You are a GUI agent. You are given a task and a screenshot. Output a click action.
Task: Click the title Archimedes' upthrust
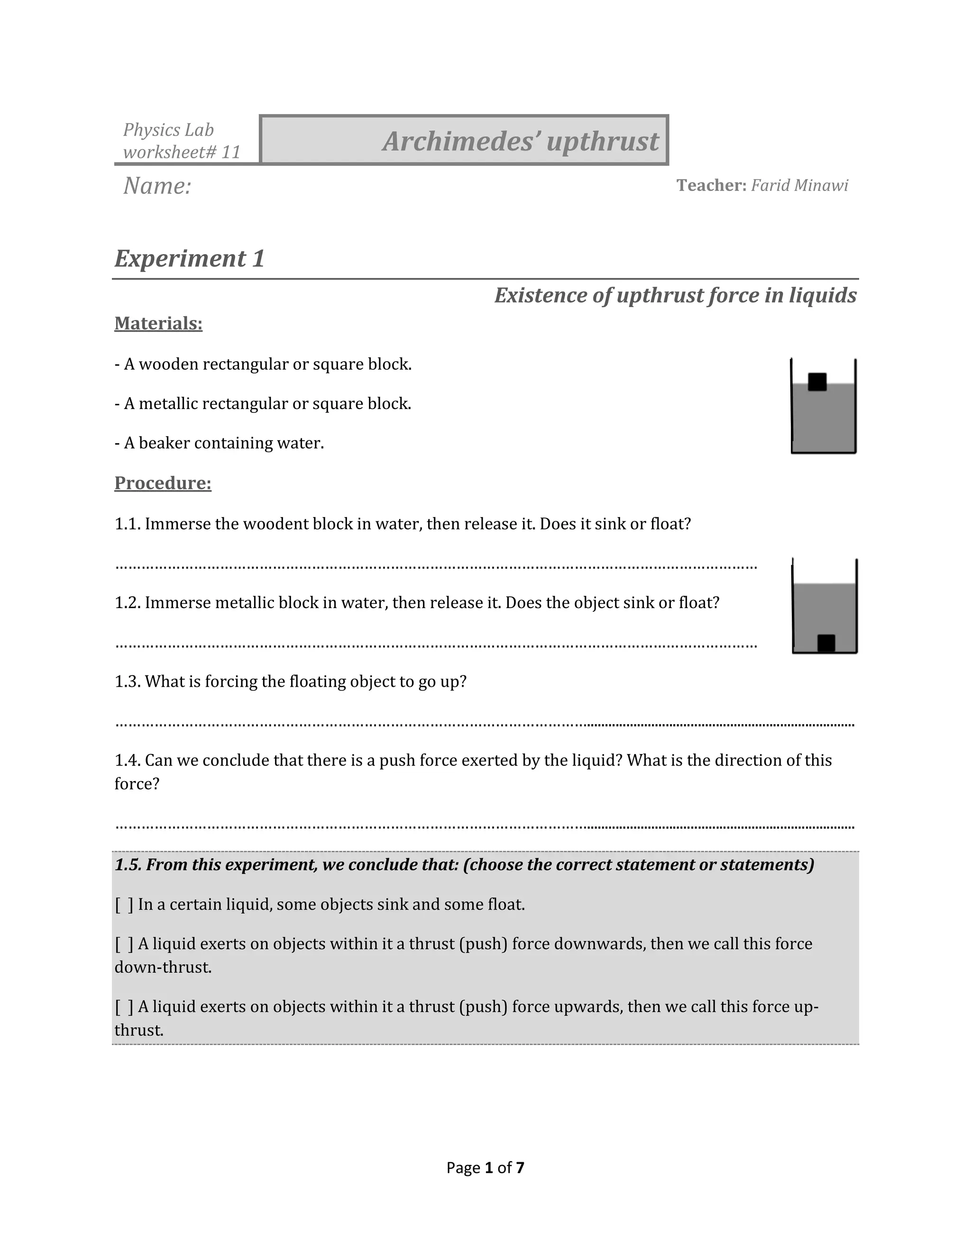(x=520, y=141)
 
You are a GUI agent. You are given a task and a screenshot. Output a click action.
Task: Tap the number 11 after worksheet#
(x=231, y=153)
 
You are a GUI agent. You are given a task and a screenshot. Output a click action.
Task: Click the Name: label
(x=157, y=186)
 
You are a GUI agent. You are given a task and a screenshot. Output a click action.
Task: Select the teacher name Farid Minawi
(x=799, y=185)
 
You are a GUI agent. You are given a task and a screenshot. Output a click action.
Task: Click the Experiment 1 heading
(x=189, y=258)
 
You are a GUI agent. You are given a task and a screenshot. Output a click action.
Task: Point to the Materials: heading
(x=158, y=323)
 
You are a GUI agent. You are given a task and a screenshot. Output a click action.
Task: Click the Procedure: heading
(x=163, y=482)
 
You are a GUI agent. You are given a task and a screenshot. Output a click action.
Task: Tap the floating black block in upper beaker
(x=817, y=382)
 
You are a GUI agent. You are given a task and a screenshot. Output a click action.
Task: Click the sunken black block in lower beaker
(x=826, y=643)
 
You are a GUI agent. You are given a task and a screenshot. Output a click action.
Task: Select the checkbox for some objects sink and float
(x=124, y=905)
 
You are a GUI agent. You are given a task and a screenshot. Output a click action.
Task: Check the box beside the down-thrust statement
(x=124, y=944)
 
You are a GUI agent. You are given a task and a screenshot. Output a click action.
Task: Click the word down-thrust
(x=163, y=967)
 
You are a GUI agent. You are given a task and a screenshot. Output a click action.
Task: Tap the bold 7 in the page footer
(x=520, y=1167)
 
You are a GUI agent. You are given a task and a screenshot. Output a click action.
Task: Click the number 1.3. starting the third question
(x=127, y=682)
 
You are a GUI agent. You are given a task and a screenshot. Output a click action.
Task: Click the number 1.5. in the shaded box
(x=128, y=865)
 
